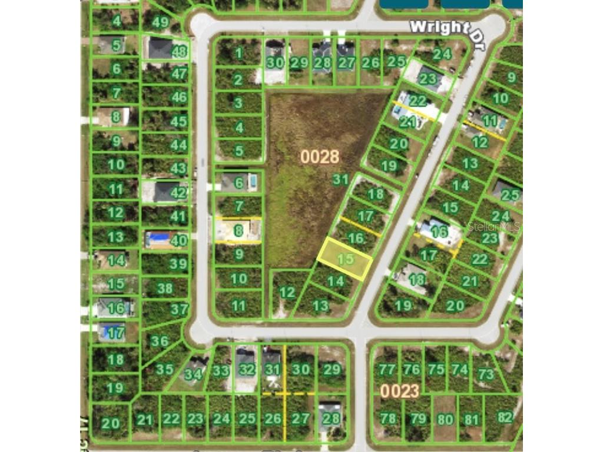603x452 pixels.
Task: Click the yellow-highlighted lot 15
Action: (345, 259)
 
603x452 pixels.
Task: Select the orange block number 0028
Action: (320, 157)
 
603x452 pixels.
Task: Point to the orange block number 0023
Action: (399, 391)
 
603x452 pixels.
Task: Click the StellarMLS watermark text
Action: (494, 227)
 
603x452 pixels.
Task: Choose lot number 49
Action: (160, 22)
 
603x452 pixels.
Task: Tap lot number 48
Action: (179, 52)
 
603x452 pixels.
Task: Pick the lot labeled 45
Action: (178, 122)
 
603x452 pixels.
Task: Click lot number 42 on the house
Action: (178, 192)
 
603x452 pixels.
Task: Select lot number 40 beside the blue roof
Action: (178, 240)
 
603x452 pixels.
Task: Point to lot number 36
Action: (159, 341)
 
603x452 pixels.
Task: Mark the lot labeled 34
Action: (193, 373)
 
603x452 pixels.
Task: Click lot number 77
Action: (387, 370)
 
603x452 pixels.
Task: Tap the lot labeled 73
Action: (486, 374)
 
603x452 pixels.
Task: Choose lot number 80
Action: (446, 419)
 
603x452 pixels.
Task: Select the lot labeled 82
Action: (505, 417)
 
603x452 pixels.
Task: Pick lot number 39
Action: (178, 264)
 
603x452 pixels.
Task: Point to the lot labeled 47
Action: (178, 74)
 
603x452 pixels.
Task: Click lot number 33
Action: (220, 371)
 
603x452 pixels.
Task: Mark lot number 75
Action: (436, 369)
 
